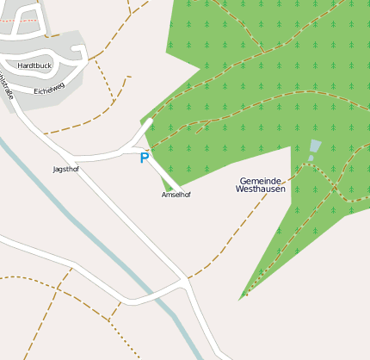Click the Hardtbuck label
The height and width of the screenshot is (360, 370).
click(x=34, y=65)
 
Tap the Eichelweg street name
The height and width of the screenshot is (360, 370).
click(x=49, y=88)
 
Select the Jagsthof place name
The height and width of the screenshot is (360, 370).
click(x=65, y=169)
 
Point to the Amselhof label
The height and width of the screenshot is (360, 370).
click(x=176, y=195)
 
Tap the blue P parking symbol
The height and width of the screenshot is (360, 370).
click(x=145, y=158)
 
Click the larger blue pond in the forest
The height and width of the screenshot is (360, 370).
click(x=315, y=146)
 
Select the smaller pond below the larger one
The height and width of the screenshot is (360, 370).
click(x=311, y=158)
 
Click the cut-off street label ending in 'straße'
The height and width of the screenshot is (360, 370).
click(x=7, y=87)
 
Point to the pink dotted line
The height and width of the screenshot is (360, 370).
click(x=17, y=17)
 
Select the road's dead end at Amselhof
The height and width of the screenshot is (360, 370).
click(x=178, y=189)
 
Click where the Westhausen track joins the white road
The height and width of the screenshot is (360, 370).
click(x=186, y=279)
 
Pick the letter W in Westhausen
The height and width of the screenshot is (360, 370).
click(x=239, y=189)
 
